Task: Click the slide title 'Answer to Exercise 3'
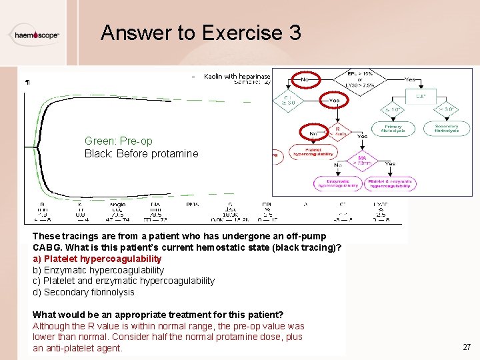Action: [201, 33]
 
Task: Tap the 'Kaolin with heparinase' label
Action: [237, 77]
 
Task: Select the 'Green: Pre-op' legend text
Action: [118, 141]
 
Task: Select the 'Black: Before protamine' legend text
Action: [141, 153]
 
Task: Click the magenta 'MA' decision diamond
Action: [363, 160]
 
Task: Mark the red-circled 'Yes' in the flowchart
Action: [334, 101]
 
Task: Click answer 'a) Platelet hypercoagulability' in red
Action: [97, 259]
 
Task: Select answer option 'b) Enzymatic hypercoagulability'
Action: [98, 270]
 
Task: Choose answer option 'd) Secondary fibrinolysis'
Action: [83, 292]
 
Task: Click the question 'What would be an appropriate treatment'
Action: [158, 314]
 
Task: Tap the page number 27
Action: [466, 347]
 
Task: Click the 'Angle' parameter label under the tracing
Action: [117, 205]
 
